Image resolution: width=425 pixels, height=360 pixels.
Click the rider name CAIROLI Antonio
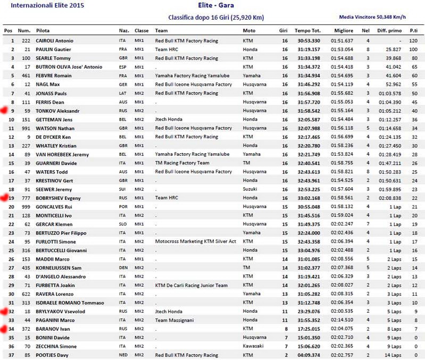point(54,40)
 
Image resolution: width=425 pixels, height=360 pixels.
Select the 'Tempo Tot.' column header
point(307,31)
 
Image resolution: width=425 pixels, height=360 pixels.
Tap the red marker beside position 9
point(5,111)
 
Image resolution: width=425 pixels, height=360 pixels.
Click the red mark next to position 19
point(5,197)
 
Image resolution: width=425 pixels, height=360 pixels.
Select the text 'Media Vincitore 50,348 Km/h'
point(372,17)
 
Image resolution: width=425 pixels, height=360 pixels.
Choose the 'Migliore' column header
point(343,31)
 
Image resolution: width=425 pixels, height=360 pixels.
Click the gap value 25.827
point(394,49)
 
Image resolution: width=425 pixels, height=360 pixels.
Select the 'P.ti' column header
point(413,31)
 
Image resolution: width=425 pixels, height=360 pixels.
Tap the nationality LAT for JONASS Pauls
point(123,93)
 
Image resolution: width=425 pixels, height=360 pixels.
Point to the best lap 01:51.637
point(342,40)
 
